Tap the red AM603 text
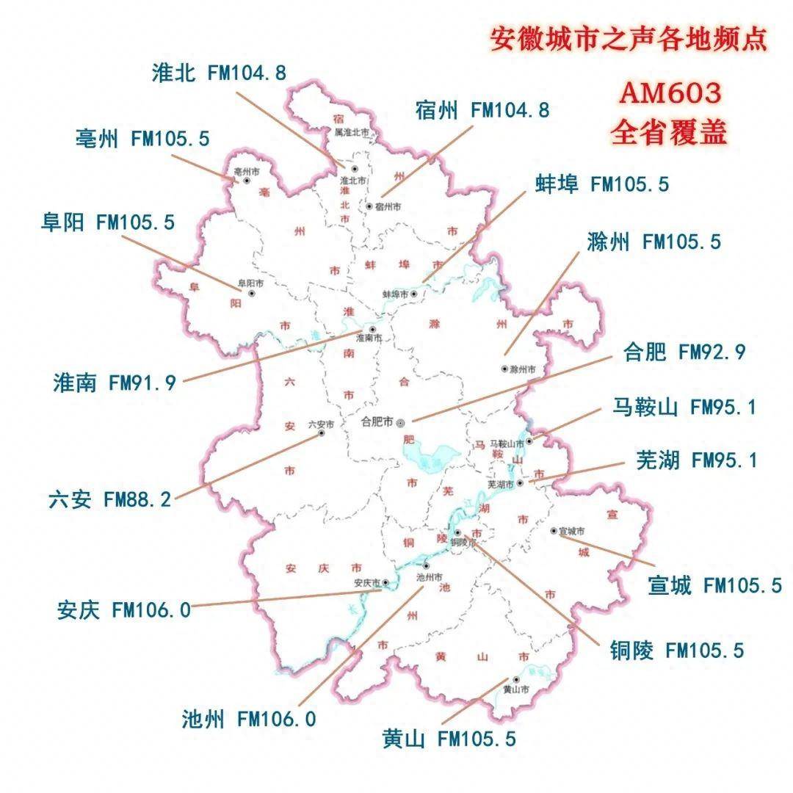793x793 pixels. (670, 93)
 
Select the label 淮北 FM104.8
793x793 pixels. (218, 73)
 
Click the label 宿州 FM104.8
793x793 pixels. (482, 110)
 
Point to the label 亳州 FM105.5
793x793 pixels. (142, 138)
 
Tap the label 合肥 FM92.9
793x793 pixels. (684, 352)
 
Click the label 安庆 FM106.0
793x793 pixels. (123, 609)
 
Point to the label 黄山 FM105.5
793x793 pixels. (449, 739)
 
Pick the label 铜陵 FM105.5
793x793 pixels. (676, 650)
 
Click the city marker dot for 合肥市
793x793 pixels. (400, 423)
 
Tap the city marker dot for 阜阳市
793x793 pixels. (252, 293)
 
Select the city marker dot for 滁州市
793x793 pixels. (504, 369)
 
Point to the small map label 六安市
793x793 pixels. (321, 424)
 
